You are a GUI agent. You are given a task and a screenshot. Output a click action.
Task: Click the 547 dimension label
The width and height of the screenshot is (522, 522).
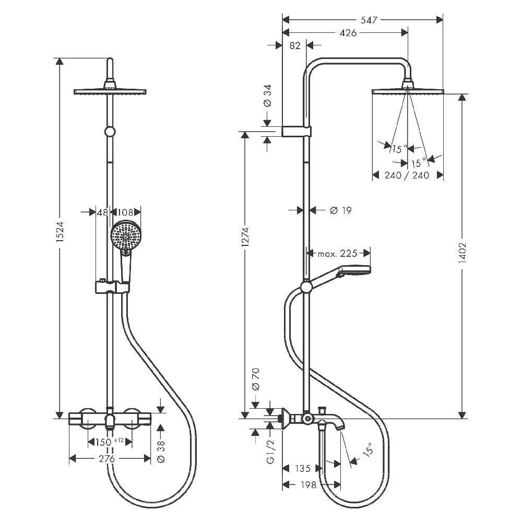pos(369,20)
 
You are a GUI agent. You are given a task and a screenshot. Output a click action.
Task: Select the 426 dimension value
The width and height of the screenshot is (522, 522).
pos(348,32)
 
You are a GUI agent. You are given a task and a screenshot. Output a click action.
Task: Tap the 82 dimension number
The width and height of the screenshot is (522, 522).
pos(294,45)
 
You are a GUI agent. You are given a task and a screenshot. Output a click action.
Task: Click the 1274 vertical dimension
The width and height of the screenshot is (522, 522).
pos(245,237)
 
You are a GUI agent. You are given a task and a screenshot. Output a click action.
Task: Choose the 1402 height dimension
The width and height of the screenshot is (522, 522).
pos(462,253)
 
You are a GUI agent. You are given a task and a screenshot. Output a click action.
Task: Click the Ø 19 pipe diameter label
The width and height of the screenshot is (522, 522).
pos(341,210)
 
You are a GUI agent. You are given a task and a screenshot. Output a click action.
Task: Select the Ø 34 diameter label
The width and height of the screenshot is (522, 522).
pos(268,96)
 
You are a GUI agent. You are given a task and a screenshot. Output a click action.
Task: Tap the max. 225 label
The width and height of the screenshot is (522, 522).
pos(337,254)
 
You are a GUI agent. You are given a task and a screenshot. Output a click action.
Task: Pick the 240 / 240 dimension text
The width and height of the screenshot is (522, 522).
pos(407,175)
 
